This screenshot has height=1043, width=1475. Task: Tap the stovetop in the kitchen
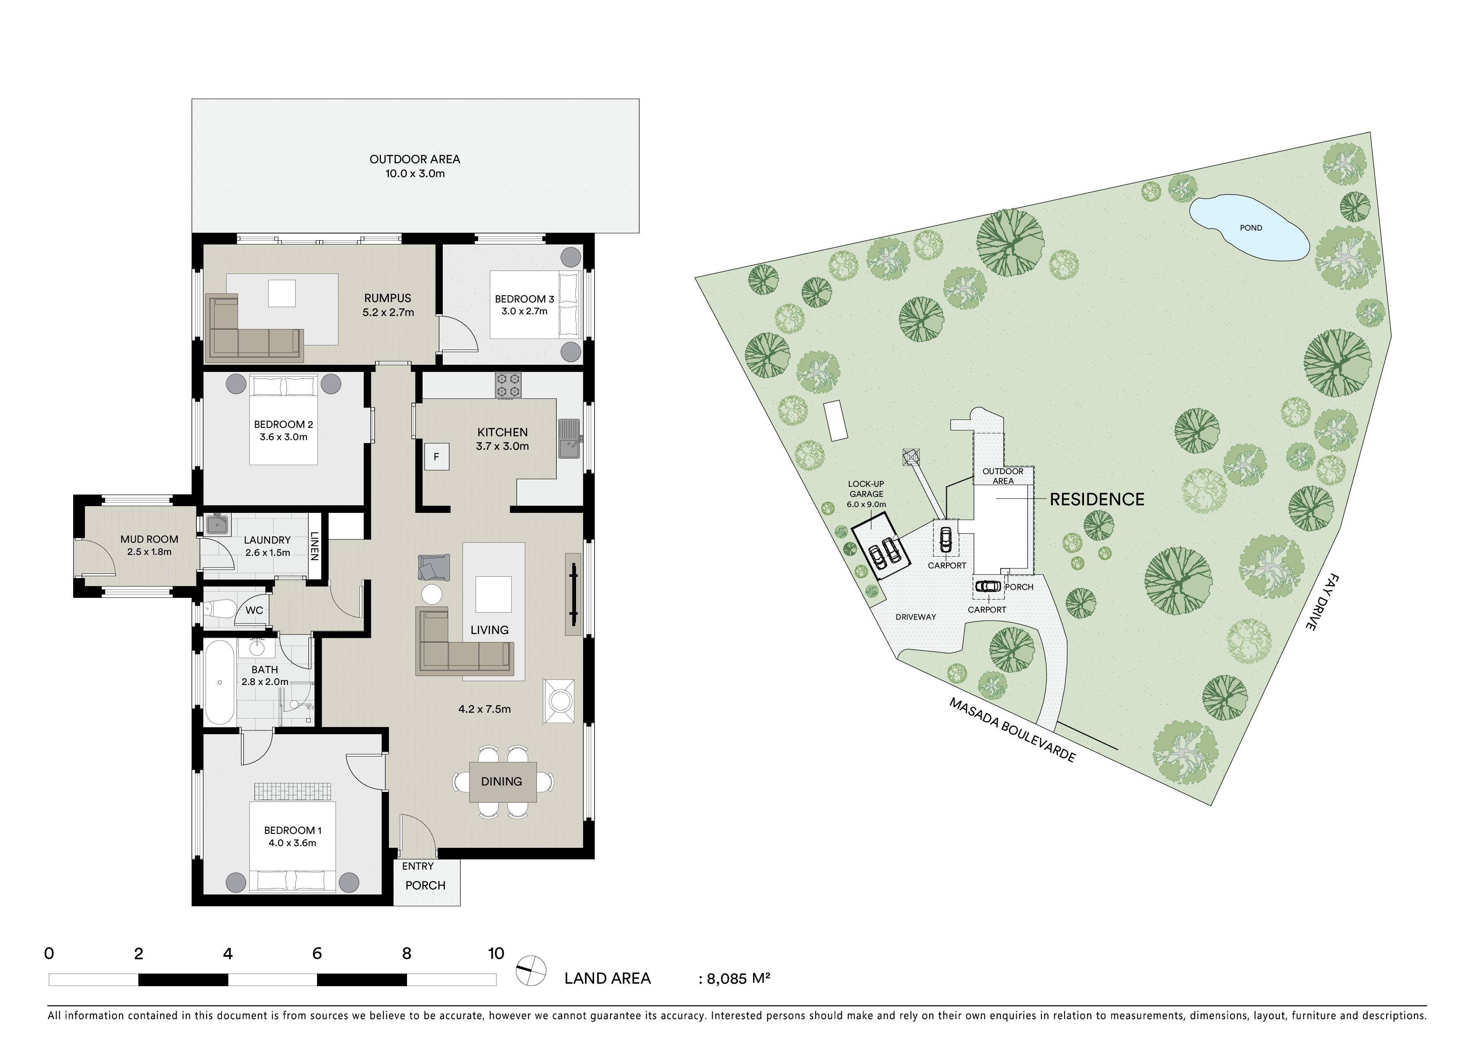point(508,385)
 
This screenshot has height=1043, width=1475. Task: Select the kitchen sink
point(569,438)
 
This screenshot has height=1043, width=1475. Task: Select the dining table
point(502,781)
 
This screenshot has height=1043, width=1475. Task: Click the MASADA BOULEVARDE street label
point(1012,730)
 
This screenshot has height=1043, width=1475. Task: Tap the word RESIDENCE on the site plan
point(1097,499)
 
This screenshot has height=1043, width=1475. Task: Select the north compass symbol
point(531,970)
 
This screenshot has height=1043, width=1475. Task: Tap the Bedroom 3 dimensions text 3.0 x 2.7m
point(524,311)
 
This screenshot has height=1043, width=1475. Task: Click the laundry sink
point(217,524)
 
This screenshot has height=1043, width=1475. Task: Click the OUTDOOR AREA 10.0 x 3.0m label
point(415,166)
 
